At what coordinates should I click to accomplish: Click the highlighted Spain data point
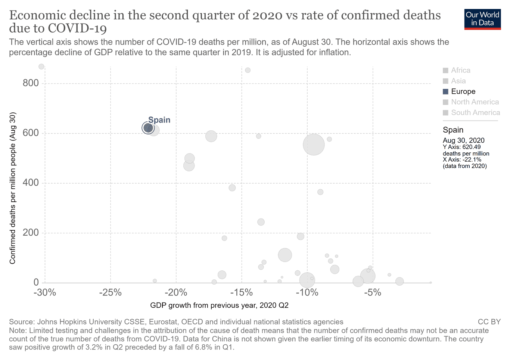[x=148, y=128]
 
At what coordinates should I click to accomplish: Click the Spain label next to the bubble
[x=159, y=120]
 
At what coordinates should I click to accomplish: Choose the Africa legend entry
[x=457, y=70]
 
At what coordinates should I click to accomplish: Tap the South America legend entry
[x=471, y=112]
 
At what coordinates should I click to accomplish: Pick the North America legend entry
[x=471, y=102]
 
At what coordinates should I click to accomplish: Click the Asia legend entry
[x=454, y=81]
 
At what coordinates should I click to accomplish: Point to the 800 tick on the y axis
[x=31, y=83]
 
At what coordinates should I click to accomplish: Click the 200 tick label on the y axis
[x=31, y=233]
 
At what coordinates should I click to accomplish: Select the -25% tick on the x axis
[x=111, y=292]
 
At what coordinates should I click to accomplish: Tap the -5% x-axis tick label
[x=373, y=292]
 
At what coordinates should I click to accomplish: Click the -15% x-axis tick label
[x=242, y=292]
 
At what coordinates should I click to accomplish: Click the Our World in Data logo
[x=482, y=19]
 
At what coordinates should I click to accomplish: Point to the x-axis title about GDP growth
[x=219, y=305]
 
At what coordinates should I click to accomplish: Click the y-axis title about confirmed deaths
[x=12, y=188]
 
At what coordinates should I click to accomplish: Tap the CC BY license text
[x=489, y=322]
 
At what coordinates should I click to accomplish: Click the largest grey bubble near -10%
[x=314, y=145]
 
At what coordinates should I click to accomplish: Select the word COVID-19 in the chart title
[x=77, y=28]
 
